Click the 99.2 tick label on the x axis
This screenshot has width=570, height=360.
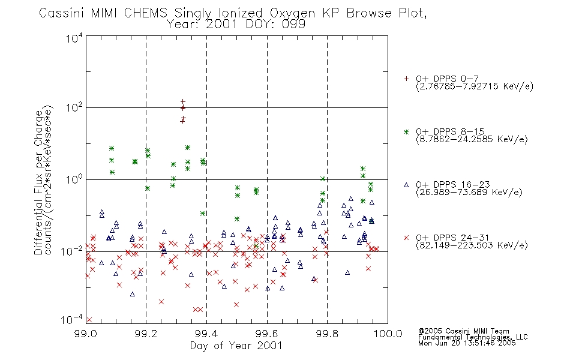(x=146, y=334)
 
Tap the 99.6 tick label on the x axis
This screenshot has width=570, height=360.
(x=267, y=334)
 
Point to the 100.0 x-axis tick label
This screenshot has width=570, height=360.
(x=388, y=334)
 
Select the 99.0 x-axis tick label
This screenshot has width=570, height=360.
(x=85, y=334)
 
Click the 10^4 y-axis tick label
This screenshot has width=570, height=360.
(x=74, y=38)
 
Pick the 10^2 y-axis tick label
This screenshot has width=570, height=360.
(x=74, y=107)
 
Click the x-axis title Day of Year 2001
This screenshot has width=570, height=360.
(x=236, y=346)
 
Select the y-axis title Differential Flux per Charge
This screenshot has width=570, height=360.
(x=38, y=182)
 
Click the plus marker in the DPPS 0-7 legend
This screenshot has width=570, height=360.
(x=406, y=79)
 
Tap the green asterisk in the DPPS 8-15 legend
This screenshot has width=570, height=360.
(x=406, y=132)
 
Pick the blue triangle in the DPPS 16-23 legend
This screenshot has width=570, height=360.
(x=406, y=185)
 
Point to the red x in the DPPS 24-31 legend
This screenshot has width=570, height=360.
(x=406, y=238)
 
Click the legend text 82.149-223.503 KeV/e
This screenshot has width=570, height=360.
(x=472, y=245)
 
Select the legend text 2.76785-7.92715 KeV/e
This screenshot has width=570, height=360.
(x=475, y=86)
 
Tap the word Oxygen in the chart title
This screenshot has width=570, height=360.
(x=292, y=14)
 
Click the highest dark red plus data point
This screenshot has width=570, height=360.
(x=183, y=102)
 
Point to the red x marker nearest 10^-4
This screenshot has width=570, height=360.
(x=89, y=320)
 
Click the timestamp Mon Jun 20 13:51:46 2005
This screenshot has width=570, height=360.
(x=467, y=343)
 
